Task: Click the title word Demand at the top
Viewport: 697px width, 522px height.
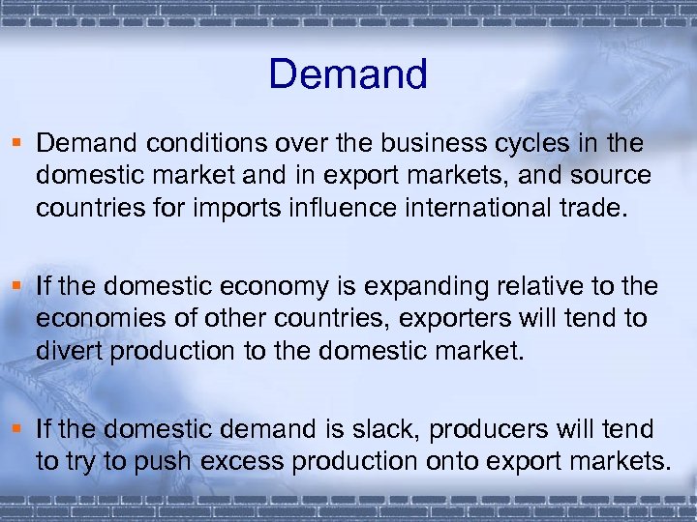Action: point(348,74)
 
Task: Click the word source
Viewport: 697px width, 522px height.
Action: point(608,177)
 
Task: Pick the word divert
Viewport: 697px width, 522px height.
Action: point(69,351)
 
